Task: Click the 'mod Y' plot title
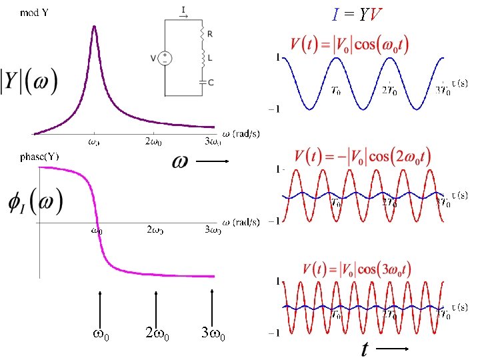point(33,13)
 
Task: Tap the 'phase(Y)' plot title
point(39,157)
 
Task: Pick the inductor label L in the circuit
point(211,58)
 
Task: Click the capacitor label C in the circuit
point(211,83)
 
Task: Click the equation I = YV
point(358,14)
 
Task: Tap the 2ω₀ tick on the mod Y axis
point(155,141)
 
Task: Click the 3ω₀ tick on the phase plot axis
point(212,231)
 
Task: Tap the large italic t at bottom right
point(365,349)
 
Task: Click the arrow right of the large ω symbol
point(213,161)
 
